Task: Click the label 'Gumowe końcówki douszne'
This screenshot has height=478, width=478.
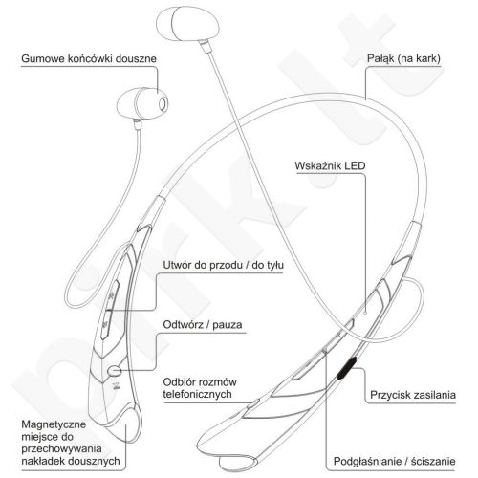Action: pyautogui.click(x=89, y=59)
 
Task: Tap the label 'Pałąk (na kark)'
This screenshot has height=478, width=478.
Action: pyautogui.click(x=403, y=58)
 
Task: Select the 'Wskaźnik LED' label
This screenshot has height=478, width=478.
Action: pyautogui.click(x=330, y=165)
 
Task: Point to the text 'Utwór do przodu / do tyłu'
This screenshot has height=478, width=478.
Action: pyautogui.click(x=224, y=265)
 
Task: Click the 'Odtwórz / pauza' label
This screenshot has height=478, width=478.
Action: pyautogui.click(x=203, y=325)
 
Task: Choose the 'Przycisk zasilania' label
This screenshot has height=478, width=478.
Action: pyautogui.click(x=413, y=395)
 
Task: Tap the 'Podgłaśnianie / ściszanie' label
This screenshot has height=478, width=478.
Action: pyautogui.click(x=394, y=461)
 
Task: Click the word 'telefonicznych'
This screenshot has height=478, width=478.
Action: pyautogui.click(x=197, y=394)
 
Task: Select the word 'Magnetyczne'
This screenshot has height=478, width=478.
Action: pyautogui.click(x=54, y=424)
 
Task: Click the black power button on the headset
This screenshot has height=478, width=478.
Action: pyautogui.click(x=347, y=368)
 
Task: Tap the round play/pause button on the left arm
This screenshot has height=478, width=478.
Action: pyautogui.click(x=115, y=370)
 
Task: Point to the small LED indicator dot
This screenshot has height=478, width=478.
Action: pyautogui.click(x=365, y=313)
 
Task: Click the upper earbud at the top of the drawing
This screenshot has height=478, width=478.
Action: pyautogui.click(x=187, y=24)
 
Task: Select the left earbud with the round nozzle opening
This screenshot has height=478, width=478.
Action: pyautogui.click(x=142, y=103)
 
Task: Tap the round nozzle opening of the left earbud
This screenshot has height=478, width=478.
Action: pyautogui.click(x=163, y=103)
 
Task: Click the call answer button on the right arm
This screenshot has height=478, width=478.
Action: pyautogui.click(x=253, y=403)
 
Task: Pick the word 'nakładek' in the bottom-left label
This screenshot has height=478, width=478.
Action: pyautogui.click(x=43, y=461)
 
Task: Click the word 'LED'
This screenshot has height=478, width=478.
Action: pyautogui.click(x=355, y=165)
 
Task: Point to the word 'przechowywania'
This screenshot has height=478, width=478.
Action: pyautogui.click(x=61, y=449)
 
